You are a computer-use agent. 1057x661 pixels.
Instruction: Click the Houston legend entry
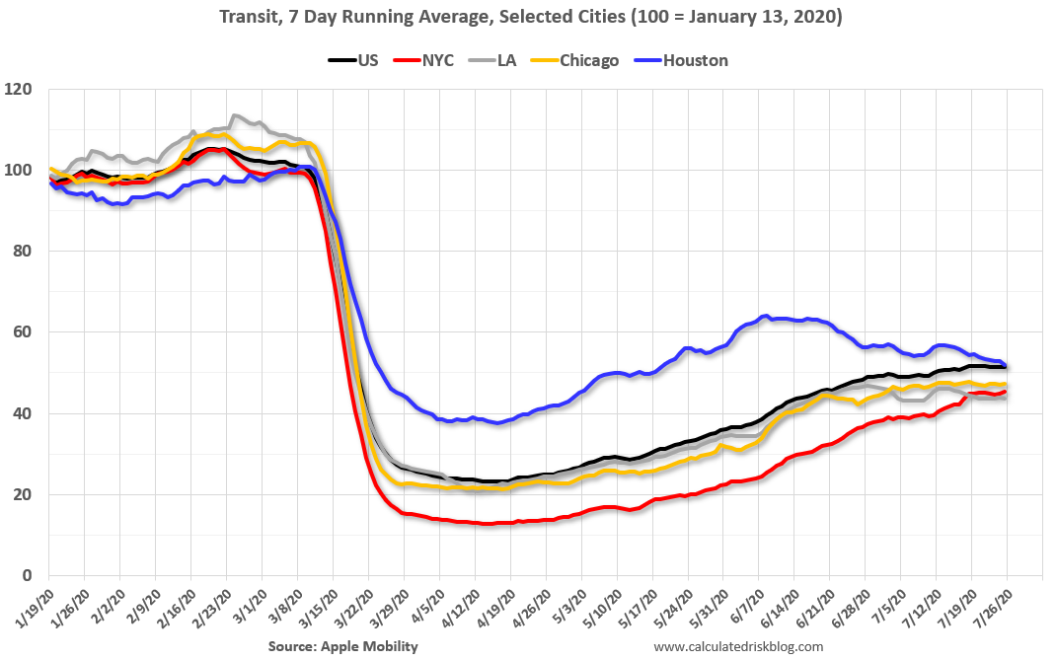click(x=695, y=60)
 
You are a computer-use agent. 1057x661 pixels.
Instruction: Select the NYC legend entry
click(x=435, y=60)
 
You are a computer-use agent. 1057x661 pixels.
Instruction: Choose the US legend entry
click(x=367, y=60)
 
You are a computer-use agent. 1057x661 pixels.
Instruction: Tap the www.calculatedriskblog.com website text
click(x=738, y=646)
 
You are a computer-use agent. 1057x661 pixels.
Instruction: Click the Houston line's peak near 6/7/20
click(x=765, y=316)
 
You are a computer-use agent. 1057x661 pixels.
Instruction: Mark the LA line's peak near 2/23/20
click(x=233, y=115)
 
